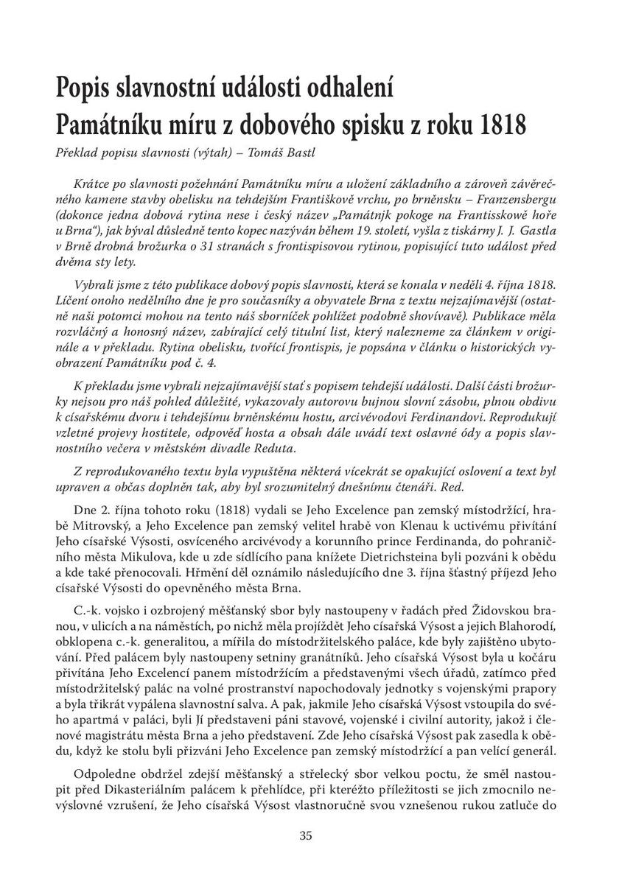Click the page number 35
tap(308, 835)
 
